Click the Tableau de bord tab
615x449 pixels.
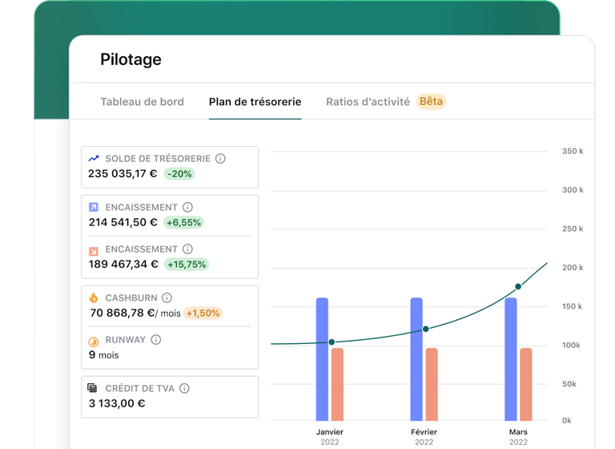142,102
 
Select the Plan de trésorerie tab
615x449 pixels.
255,102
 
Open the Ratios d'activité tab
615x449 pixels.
368,102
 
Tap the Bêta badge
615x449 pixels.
431,102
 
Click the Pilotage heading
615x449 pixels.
131,59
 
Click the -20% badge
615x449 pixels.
180,174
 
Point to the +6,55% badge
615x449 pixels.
183,222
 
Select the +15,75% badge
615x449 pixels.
186,264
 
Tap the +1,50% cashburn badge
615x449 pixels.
203,313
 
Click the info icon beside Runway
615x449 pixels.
156,339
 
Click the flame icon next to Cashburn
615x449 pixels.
94,297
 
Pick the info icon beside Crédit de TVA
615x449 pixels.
184,388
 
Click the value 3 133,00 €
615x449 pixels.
117,403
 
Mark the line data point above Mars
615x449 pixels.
518,286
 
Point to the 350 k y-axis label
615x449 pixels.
572,152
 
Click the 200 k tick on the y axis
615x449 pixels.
572,268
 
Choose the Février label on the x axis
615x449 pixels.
424,432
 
